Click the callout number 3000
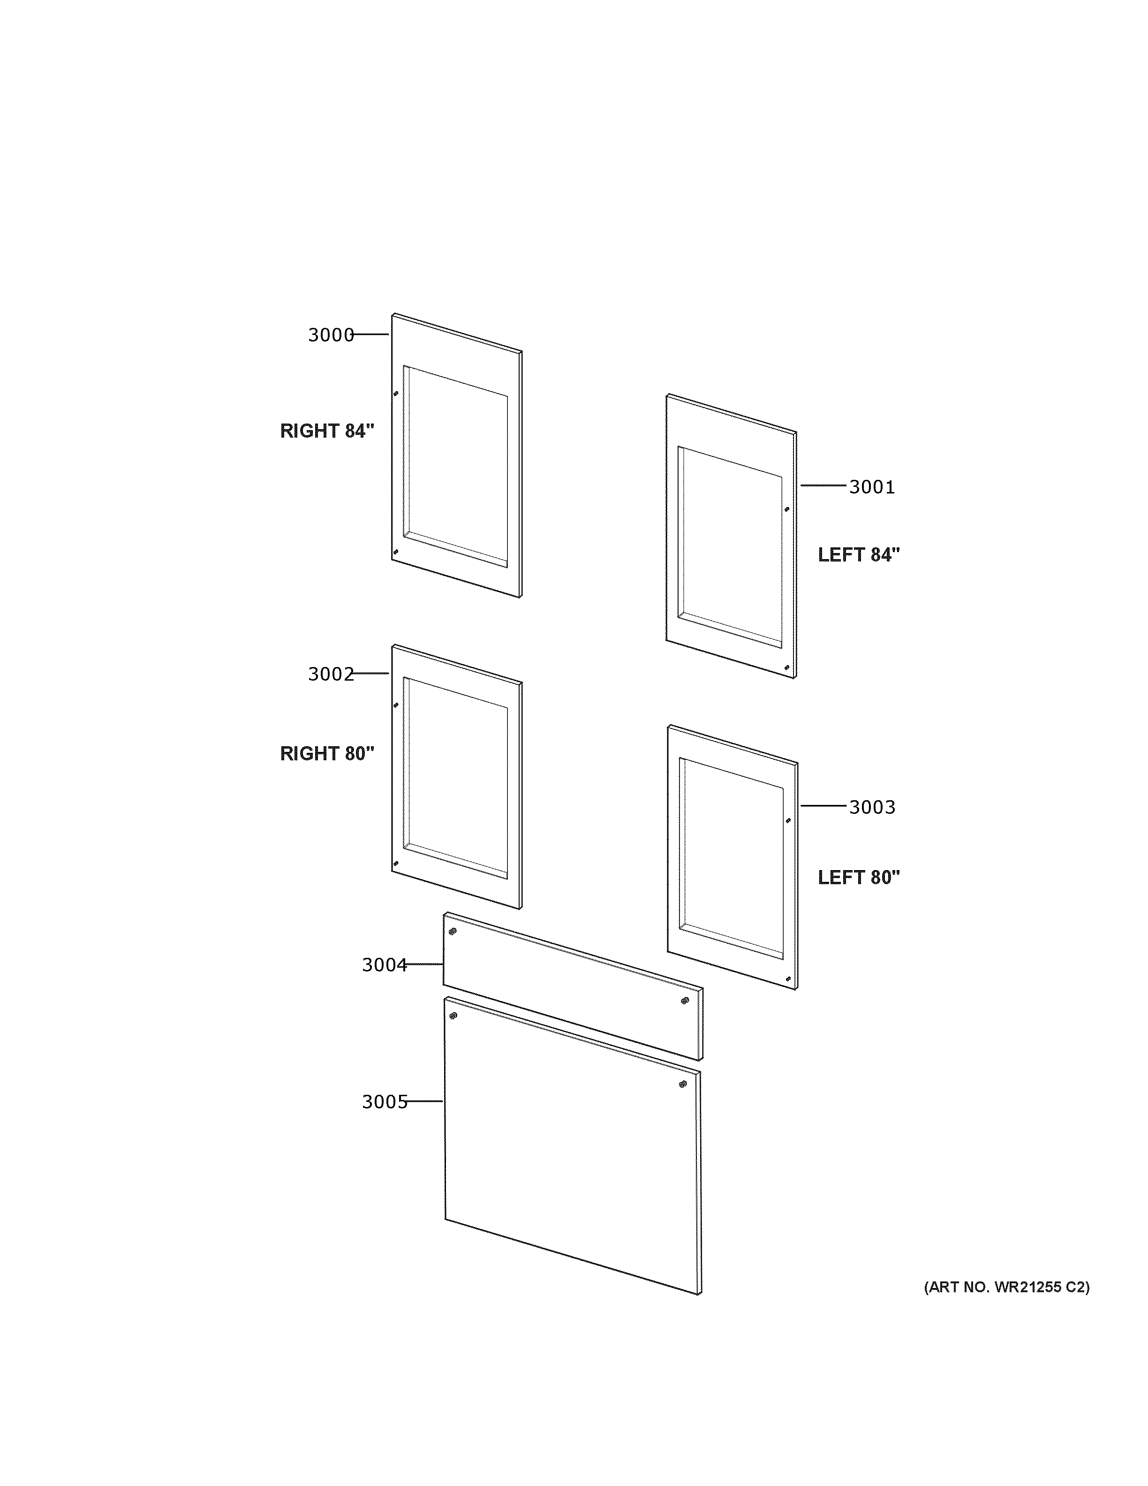coord(331,335)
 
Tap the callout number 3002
coord(331,674)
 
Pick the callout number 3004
coord(384,965)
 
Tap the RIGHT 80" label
coord(327,753)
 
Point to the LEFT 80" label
coord(858,877)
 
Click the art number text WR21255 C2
coord(1006,1287)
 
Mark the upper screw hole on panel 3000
coord(396,393)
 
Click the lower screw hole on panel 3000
coord(396,552)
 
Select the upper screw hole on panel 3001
coord(787,509)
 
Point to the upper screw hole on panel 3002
coord(396,705)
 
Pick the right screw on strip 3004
coord(685,1000)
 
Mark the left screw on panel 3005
coord(453,1016)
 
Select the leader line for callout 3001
coord(824,485)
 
